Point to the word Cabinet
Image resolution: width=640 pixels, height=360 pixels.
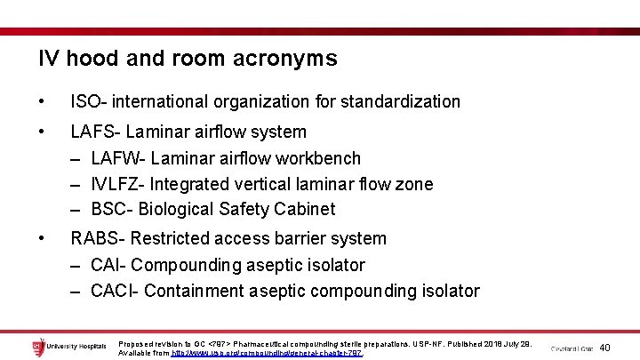click(x=305, y=210)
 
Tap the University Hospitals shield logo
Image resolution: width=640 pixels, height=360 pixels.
click(x=37, y=347)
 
